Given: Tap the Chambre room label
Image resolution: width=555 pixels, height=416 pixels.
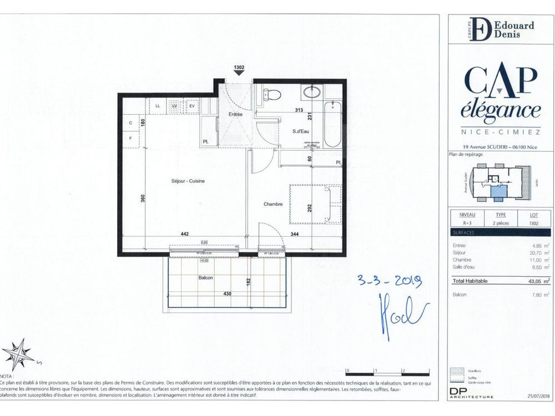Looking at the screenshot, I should (x=273, y=204).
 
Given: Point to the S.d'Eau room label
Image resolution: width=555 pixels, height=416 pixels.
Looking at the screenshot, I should (x=301, y=131).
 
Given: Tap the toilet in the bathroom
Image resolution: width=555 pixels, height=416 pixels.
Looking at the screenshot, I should (x=271, y=96).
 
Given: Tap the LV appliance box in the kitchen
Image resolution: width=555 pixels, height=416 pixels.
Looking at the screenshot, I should (x=174, y=105).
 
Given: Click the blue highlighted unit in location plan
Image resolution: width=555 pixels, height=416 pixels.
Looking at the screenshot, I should (x=498, y=192).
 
